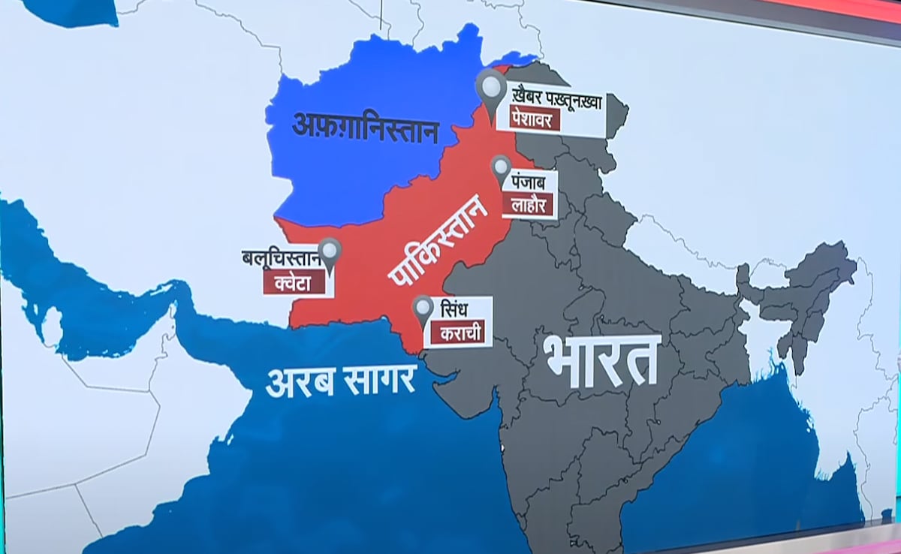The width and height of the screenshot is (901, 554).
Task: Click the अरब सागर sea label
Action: (341, 381)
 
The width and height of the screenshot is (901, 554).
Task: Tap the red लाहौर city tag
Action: (531, 203)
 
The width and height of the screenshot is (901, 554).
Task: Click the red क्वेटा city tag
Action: (294, 282)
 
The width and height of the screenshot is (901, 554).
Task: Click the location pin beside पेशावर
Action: (492, 91)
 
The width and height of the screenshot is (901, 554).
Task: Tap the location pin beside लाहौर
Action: (501, 170)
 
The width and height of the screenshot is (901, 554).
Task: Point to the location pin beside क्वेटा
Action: (330, 252)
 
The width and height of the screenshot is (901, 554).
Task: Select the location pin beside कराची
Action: (423, 309)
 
